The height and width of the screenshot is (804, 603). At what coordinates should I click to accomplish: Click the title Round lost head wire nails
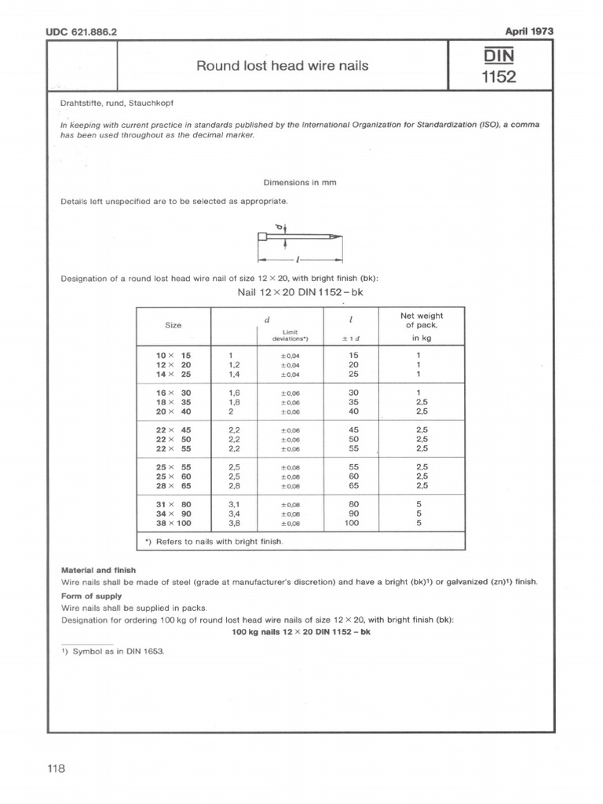[x=282, y=66]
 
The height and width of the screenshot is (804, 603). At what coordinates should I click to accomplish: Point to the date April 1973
[x=529, y=31]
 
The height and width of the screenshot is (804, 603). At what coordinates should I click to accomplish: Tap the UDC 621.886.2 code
[x=89, y=32]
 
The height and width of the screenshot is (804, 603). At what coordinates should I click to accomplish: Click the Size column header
[x=173, y=325]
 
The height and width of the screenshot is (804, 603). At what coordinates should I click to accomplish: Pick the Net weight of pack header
[x=422, y=320]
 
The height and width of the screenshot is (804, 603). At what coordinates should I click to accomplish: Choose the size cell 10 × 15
[x=174, y=355]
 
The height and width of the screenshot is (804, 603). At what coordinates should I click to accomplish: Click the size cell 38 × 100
[x=174, y=522]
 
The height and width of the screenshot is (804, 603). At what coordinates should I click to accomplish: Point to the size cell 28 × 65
[x=174, y=486]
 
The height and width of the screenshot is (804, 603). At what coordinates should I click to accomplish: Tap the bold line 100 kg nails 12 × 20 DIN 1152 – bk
[x=301, y=633]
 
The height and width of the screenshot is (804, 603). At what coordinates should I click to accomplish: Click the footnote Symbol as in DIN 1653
[x=115, y=652]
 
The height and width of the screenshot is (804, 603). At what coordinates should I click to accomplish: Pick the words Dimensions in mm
[x=301, y=181]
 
